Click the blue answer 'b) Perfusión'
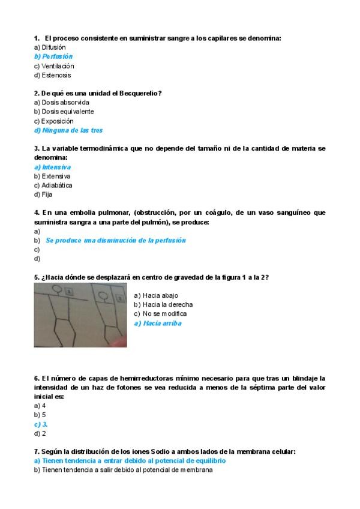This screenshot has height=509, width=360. [53, 56]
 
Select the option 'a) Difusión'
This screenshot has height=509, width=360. [50, 47]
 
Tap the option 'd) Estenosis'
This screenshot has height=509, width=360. [52, 76]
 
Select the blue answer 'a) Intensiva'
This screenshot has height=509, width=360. [52, 167]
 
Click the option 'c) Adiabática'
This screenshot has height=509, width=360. [53, 185]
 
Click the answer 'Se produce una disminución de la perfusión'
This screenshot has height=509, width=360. [116, 240]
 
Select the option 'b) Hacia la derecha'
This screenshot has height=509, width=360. [163, 304]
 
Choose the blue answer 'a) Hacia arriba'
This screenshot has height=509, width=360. [157, 324]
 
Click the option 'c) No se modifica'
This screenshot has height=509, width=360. [160, 313]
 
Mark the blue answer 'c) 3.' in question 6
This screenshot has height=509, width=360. [41, 424]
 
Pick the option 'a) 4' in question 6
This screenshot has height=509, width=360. [40, 405]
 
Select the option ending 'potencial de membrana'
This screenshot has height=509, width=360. [123, 470]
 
